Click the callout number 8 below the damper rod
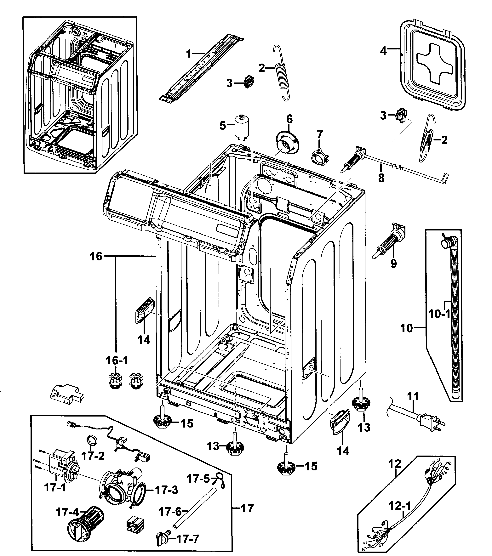(x=381, y=178)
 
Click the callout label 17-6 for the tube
(x=170, y=512)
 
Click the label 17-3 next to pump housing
(x=167, y=490)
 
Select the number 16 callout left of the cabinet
(x=96, y=256)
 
